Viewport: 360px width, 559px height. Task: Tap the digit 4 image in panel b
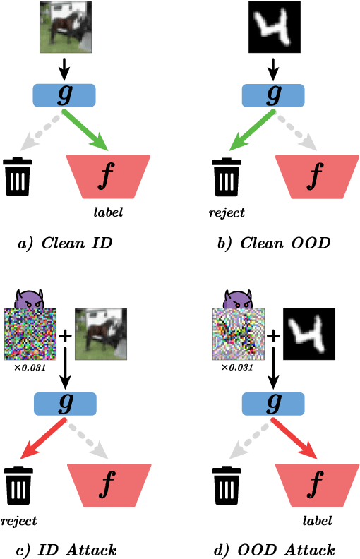[274, 27]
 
